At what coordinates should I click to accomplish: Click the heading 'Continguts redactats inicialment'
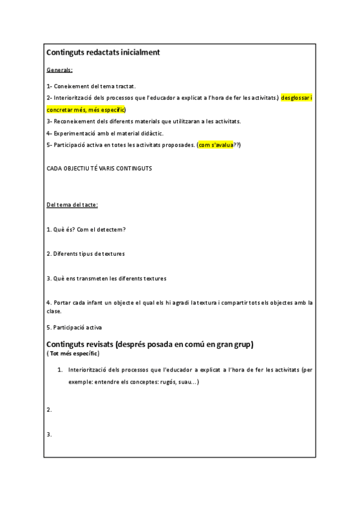point(103,53)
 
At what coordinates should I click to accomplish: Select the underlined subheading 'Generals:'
point(59,70)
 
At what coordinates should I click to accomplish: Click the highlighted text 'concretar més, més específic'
point(86,110)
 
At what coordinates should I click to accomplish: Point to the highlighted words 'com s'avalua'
point(216,145)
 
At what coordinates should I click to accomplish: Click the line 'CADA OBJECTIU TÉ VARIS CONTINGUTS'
point(99,169)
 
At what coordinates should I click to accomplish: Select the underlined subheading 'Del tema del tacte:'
point(72,205)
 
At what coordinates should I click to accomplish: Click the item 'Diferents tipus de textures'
point(86,254)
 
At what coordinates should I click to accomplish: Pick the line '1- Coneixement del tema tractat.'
point(91,86)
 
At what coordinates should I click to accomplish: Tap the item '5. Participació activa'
point(74,328)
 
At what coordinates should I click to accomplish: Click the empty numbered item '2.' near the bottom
point(49,410)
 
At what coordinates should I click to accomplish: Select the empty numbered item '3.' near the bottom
point(49,434)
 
